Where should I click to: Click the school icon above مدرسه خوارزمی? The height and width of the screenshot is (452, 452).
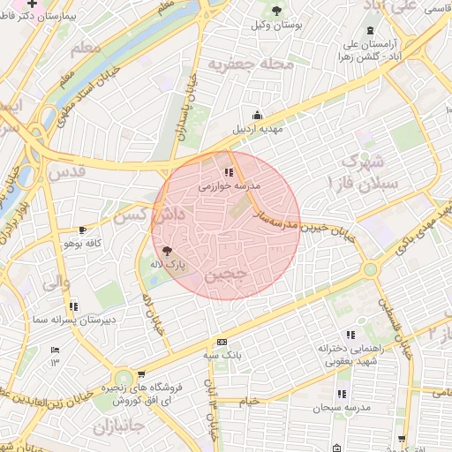tap(229, 172)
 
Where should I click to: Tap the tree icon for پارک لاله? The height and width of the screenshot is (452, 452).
tap(168, 251)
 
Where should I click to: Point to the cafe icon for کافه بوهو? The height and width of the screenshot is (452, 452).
tap(83, 230)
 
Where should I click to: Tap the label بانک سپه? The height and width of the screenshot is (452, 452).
tap(222, 355)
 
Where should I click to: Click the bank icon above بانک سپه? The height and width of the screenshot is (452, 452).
tap(222, 342)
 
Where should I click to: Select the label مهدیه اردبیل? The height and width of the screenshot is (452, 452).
tap(256, 129)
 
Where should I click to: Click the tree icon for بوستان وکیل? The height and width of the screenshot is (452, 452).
tap(278, 11)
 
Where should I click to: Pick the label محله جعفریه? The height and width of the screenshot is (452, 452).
tap(244, 64)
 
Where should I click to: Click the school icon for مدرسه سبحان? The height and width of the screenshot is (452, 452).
tap(342, 395)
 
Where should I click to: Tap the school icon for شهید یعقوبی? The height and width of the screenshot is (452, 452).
tap(350, 335)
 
